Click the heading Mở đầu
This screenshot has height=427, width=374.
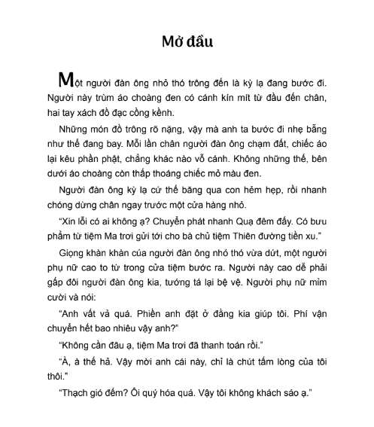[187, 41]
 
